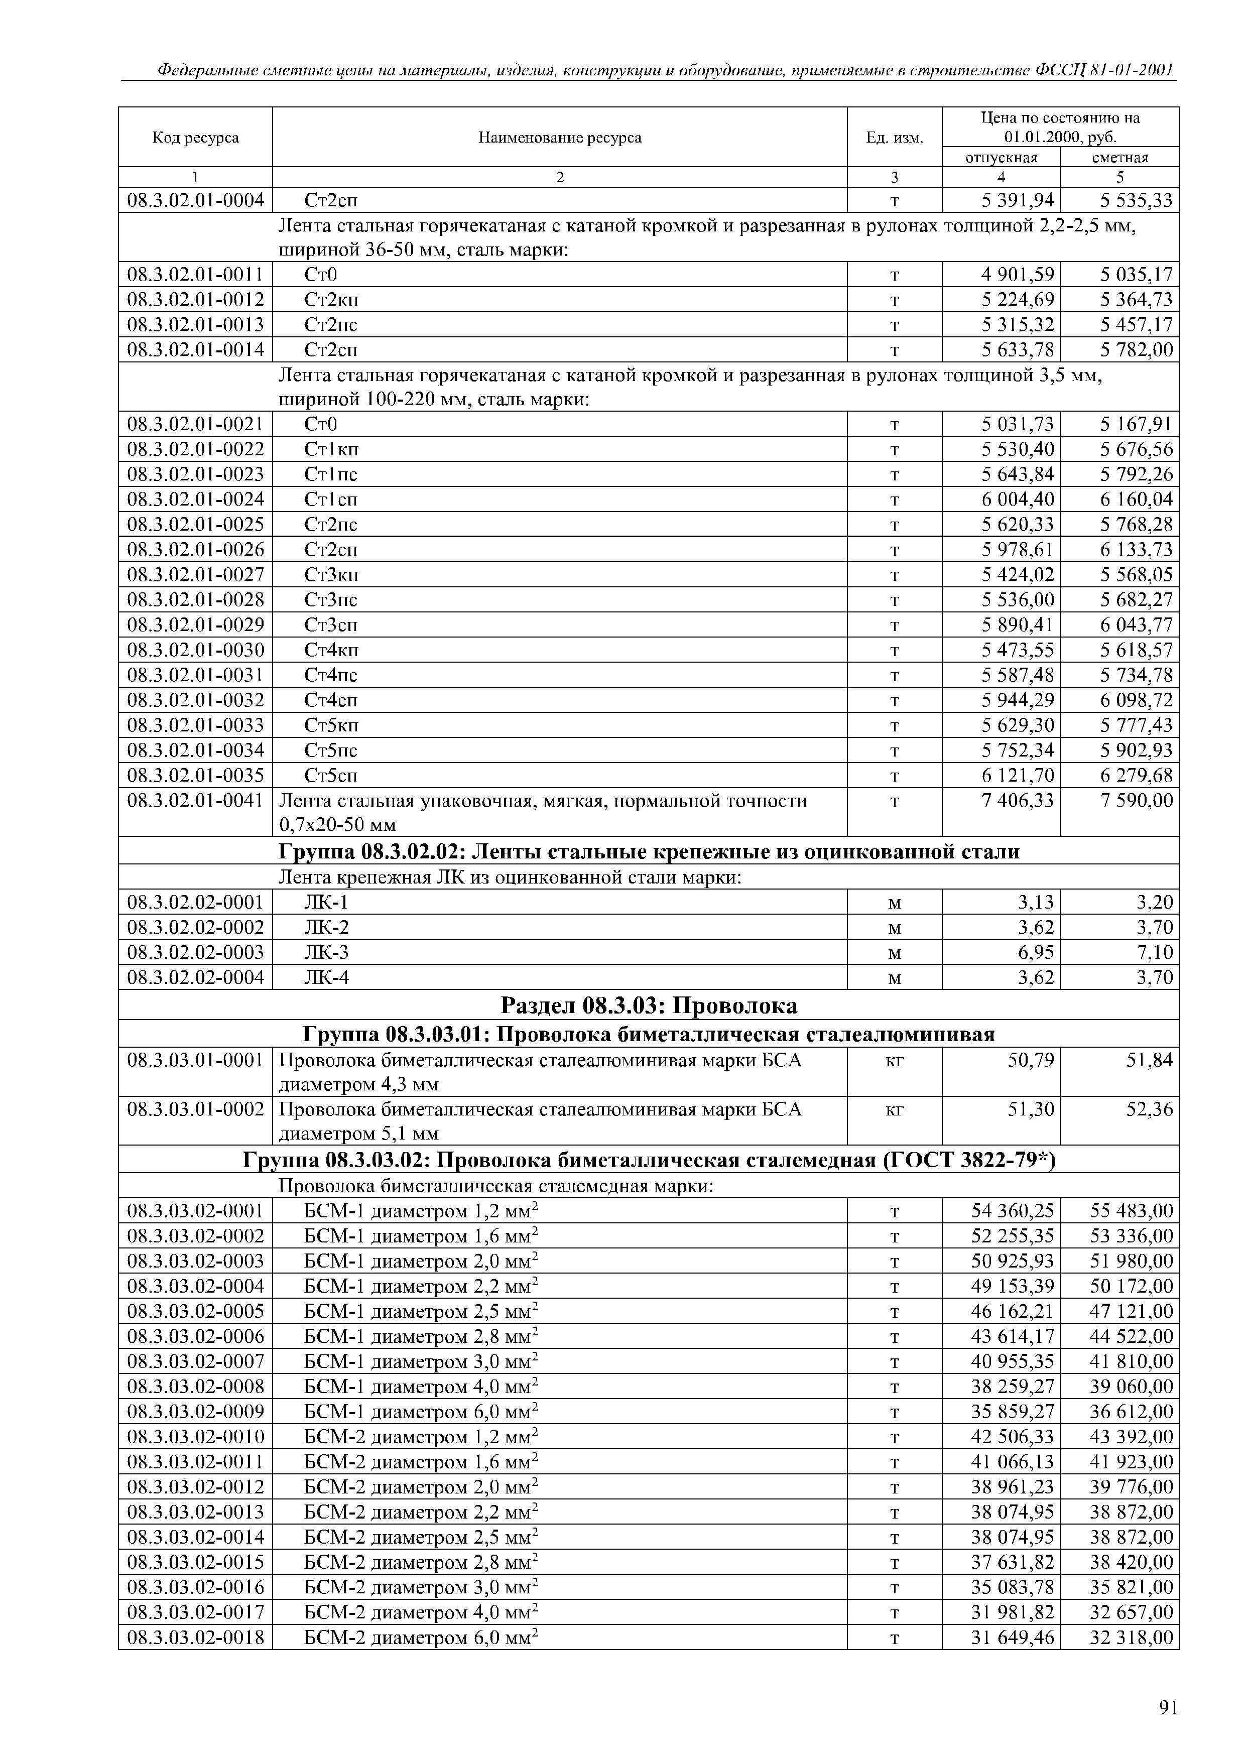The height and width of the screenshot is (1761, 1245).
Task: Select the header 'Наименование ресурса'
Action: [x=559, y=137]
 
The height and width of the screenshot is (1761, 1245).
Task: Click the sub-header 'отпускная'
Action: [x=1001, y=157]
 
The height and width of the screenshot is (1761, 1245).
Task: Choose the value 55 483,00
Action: [x=1132, y=1210]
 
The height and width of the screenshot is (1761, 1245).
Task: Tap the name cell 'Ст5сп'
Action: [x=331, y=776]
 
